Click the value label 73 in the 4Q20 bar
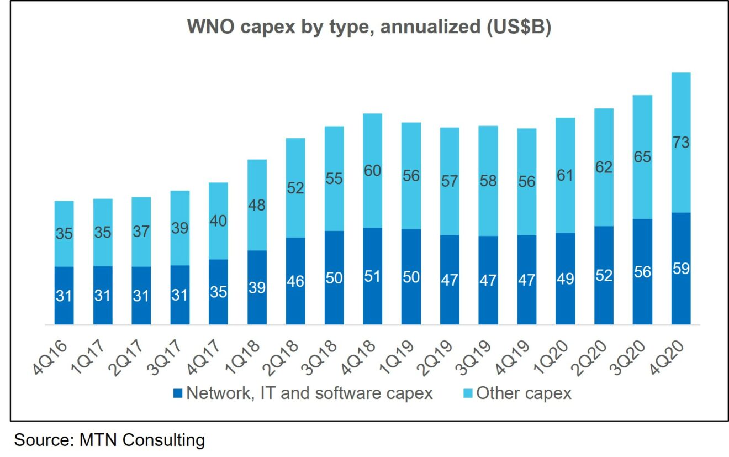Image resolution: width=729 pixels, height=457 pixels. (680, 143)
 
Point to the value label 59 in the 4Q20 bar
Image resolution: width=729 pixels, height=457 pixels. (680, 269)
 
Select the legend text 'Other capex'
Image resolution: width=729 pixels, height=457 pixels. (524, 393)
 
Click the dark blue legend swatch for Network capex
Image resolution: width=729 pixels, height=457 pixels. (177, 394)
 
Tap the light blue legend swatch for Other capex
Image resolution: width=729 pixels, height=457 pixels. (467, 394)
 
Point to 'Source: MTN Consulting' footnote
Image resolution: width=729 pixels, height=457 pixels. (109, 440)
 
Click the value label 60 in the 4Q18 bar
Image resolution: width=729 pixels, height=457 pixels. (372, 171)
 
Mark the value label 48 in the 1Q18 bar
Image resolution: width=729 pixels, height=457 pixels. (257, 205)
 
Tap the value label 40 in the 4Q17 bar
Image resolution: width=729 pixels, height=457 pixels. (218, 220)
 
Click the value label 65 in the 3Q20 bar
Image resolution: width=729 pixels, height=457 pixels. (642, 157)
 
